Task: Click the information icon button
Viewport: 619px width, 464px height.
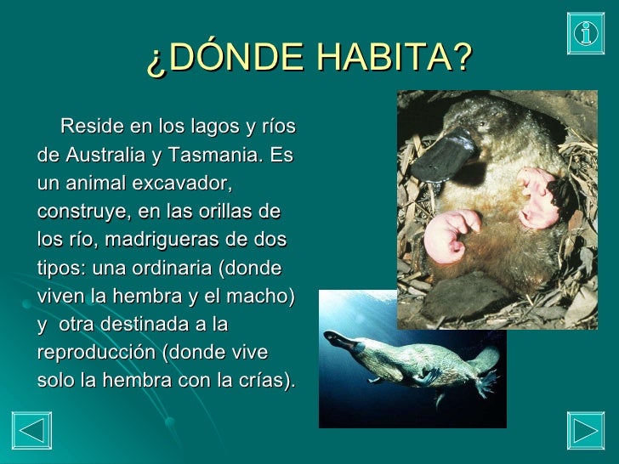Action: coord(586,32)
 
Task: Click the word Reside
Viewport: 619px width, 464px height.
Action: coord(90,127)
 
